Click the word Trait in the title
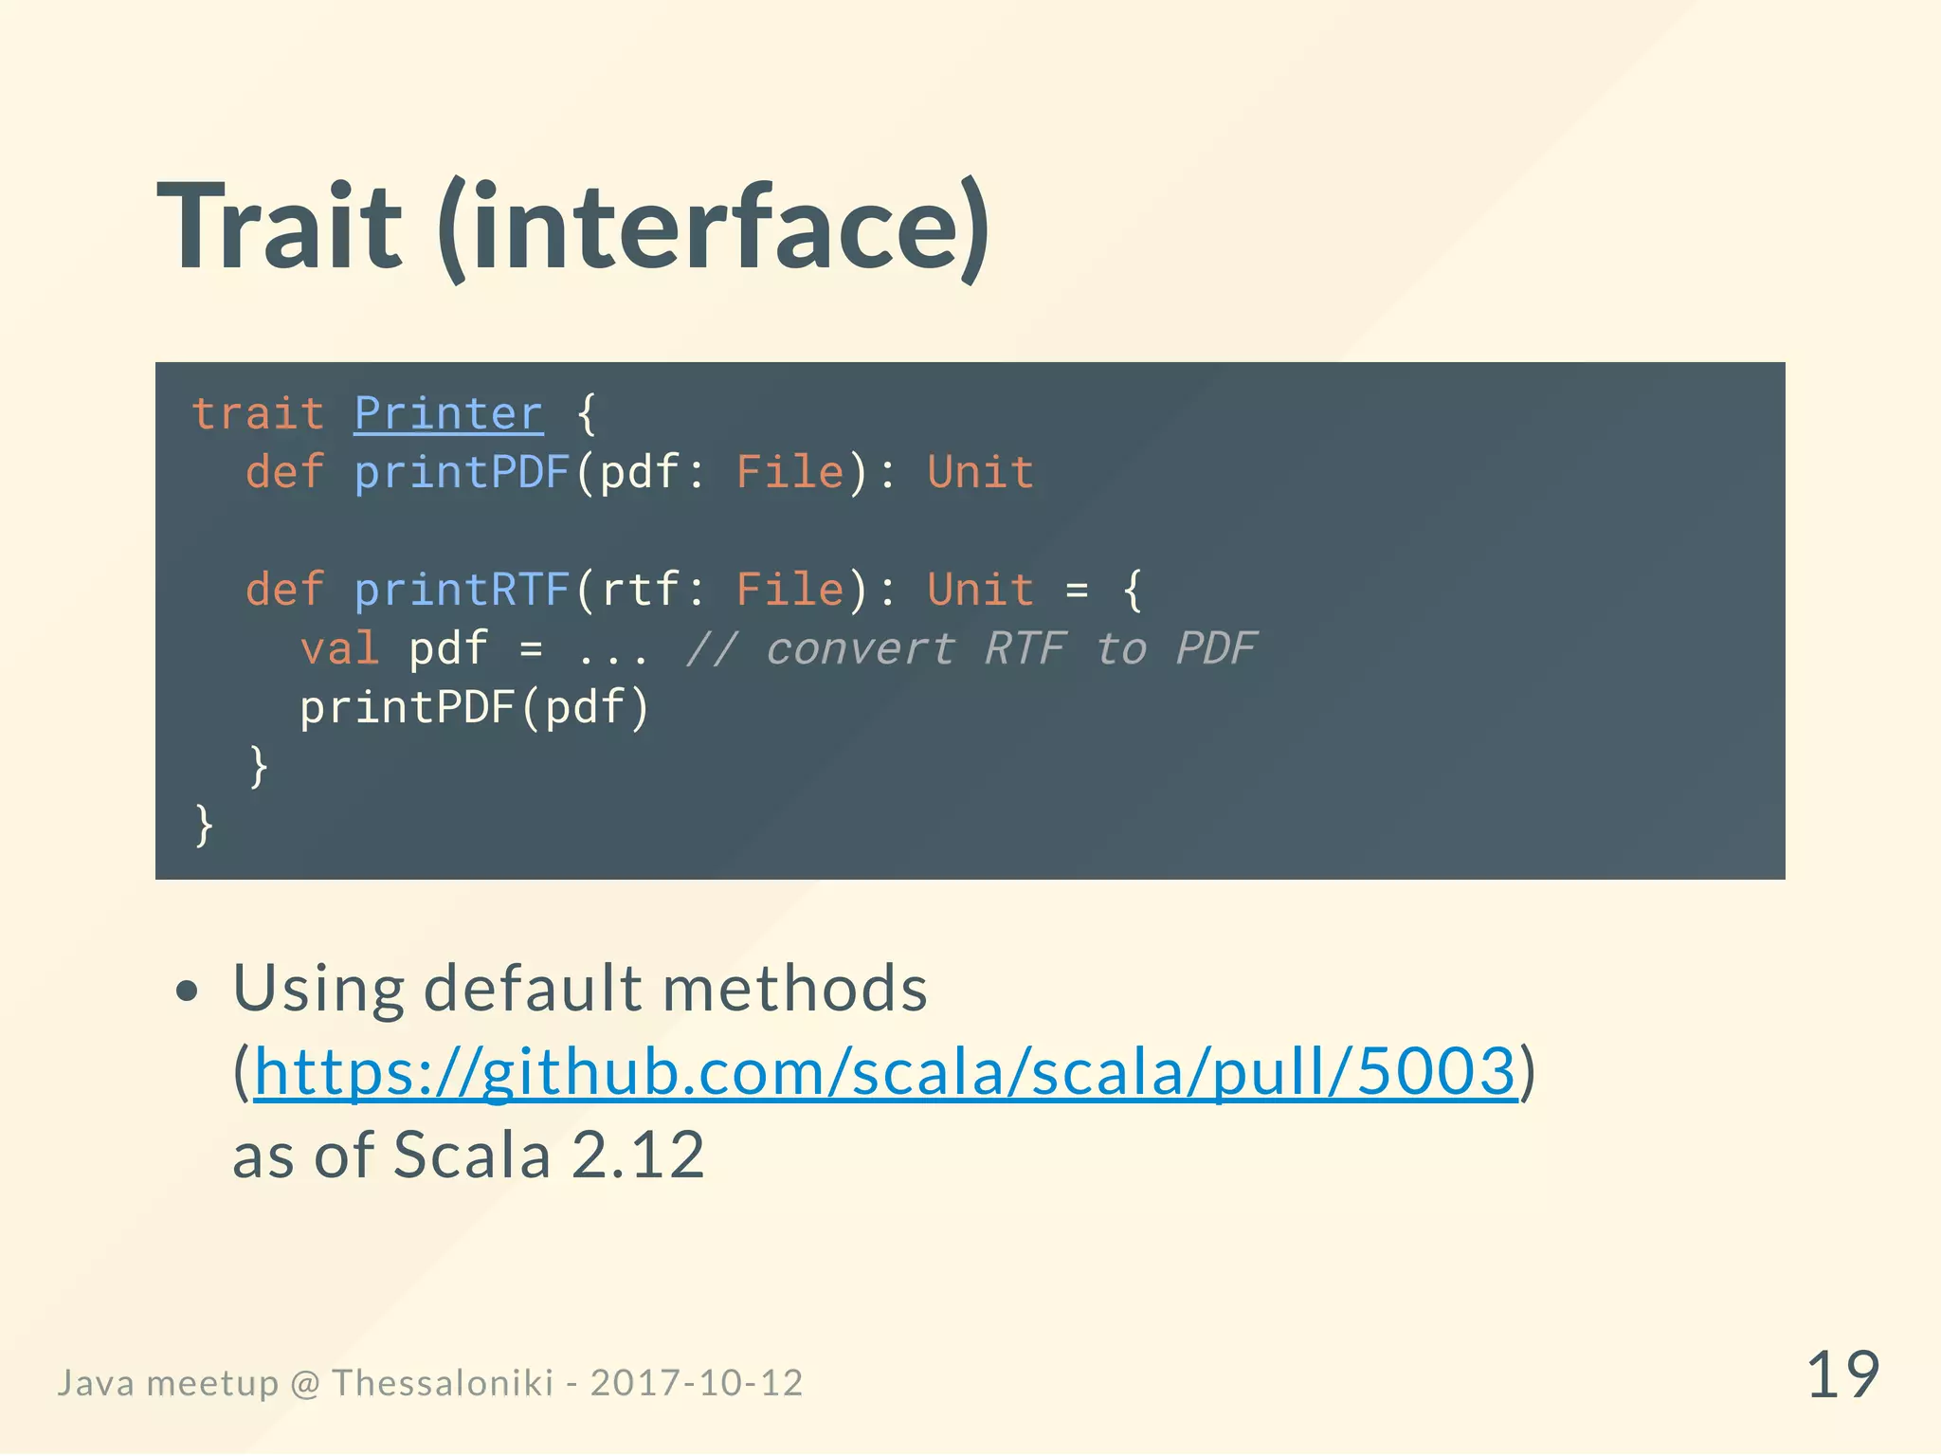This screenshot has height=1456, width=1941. (x=280, y=227)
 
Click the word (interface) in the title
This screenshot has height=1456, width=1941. (x=713, y=227)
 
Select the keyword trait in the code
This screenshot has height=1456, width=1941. (x=258, y=414)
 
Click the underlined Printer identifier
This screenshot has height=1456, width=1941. (x=448, y=414)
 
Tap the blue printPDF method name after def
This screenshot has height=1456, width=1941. (x=462, y=472)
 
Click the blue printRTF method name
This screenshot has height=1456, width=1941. (x=462, y=590)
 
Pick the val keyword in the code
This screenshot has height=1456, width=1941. (x=339, y=649)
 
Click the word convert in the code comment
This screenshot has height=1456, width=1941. (x=860, y=649)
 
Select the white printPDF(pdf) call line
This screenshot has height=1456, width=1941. (x=474, y=708)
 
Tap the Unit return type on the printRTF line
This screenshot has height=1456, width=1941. (x=980, y=590)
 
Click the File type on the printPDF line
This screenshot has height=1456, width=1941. (x=789, y=472)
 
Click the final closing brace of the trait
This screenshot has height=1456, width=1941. (x=204, y=825)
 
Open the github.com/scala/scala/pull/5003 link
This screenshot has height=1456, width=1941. (x=885, y=1072)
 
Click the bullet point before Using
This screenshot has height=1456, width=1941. (x=188, y=992)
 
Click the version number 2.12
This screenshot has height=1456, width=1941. (x=638, y=1156)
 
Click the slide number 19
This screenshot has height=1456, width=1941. (x=1842, y=1375)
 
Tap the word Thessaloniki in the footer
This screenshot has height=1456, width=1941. (x=443, y=1383)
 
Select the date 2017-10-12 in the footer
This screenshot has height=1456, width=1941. (x=697, y=1383)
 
